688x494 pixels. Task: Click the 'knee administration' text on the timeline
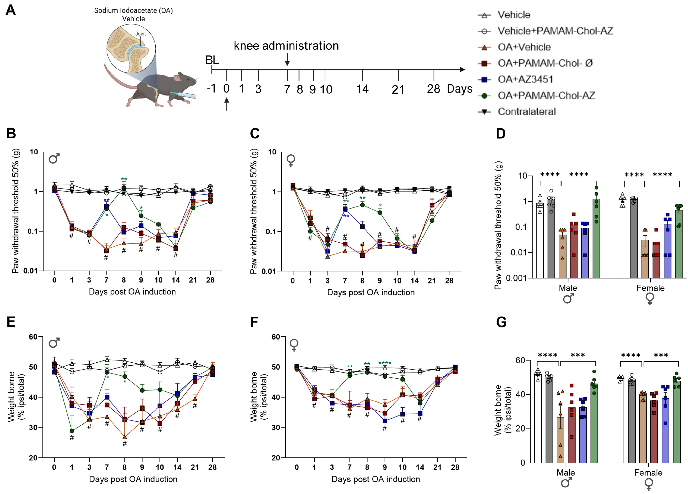pos(286,46)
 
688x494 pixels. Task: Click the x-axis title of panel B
pos(132,292)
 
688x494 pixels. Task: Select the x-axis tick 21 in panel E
pos(195,467)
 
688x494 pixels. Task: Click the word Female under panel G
pos(648,473)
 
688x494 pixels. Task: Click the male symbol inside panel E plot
pos(54,343)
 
